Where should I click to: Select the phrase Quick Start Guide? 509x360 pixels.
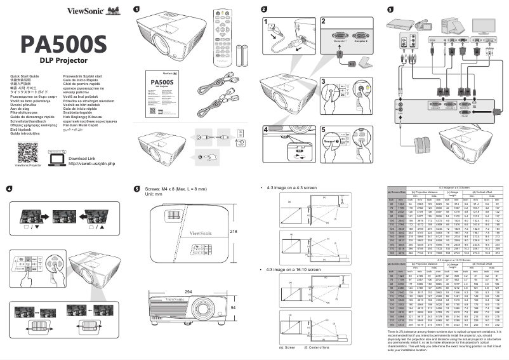[25, 76]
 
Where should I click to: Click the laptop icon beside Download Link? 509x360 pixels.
[56, 157]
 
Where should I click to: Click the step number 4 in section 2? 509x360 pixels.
[268, 129]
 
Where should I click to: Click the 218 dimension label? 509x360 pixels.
[233, 232]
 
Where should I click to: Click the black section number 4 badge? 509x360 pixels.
[9, 189]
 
